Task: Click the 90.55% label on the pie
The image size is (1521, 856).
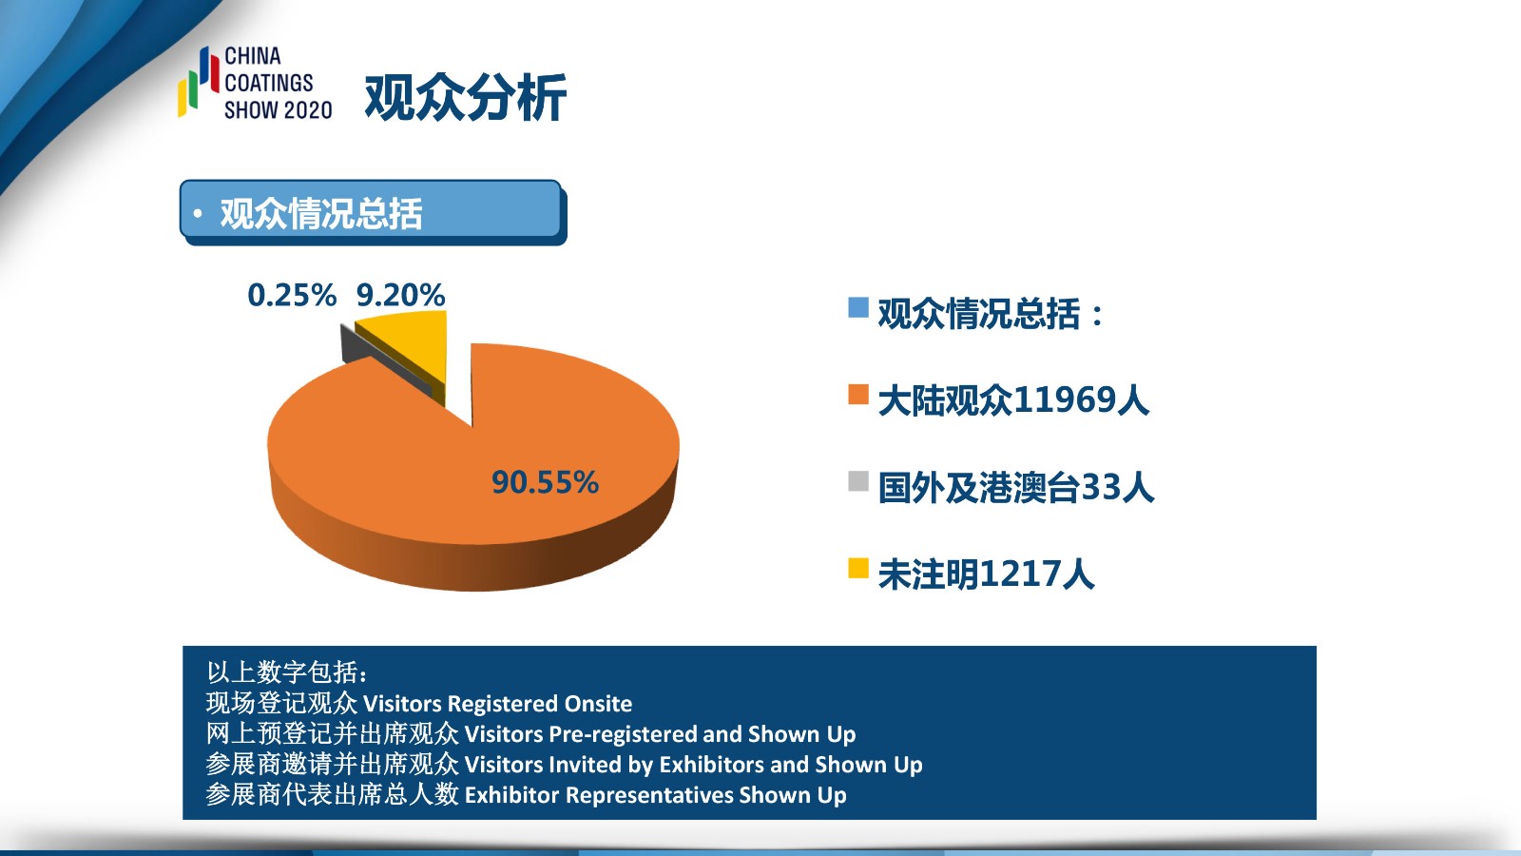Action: (x=545, y=482)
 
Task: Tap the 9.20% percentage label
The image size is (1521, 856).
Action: (x=400, y=295)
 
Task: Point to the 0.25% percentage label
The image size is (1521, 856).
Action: (x=292, y=295)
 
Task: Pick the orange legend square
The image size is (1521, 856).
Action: (x=858, y=394)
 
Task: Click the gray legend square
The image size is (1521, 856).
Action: (x=858, y=481)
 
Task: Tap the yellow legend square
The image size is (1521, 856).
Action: (x=858, y=568)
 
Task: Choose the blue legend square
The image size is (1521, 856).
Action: (x=858, y=307)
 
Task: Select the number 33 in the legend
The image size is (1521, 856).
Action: (x=1101, y=487)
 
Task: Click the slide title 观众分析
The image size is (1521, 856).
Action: (x=465, y=98)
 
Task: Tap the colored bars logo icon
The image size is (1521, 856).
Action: (x=199, y=81)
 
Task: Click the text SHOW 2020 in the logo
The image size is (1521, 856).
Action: (x=279, y=110)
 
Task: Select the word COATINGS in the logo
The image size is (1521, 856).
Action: (x=269, y=83)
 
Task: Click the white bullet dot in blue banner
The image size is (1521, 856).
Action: (x=198, y=214)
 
